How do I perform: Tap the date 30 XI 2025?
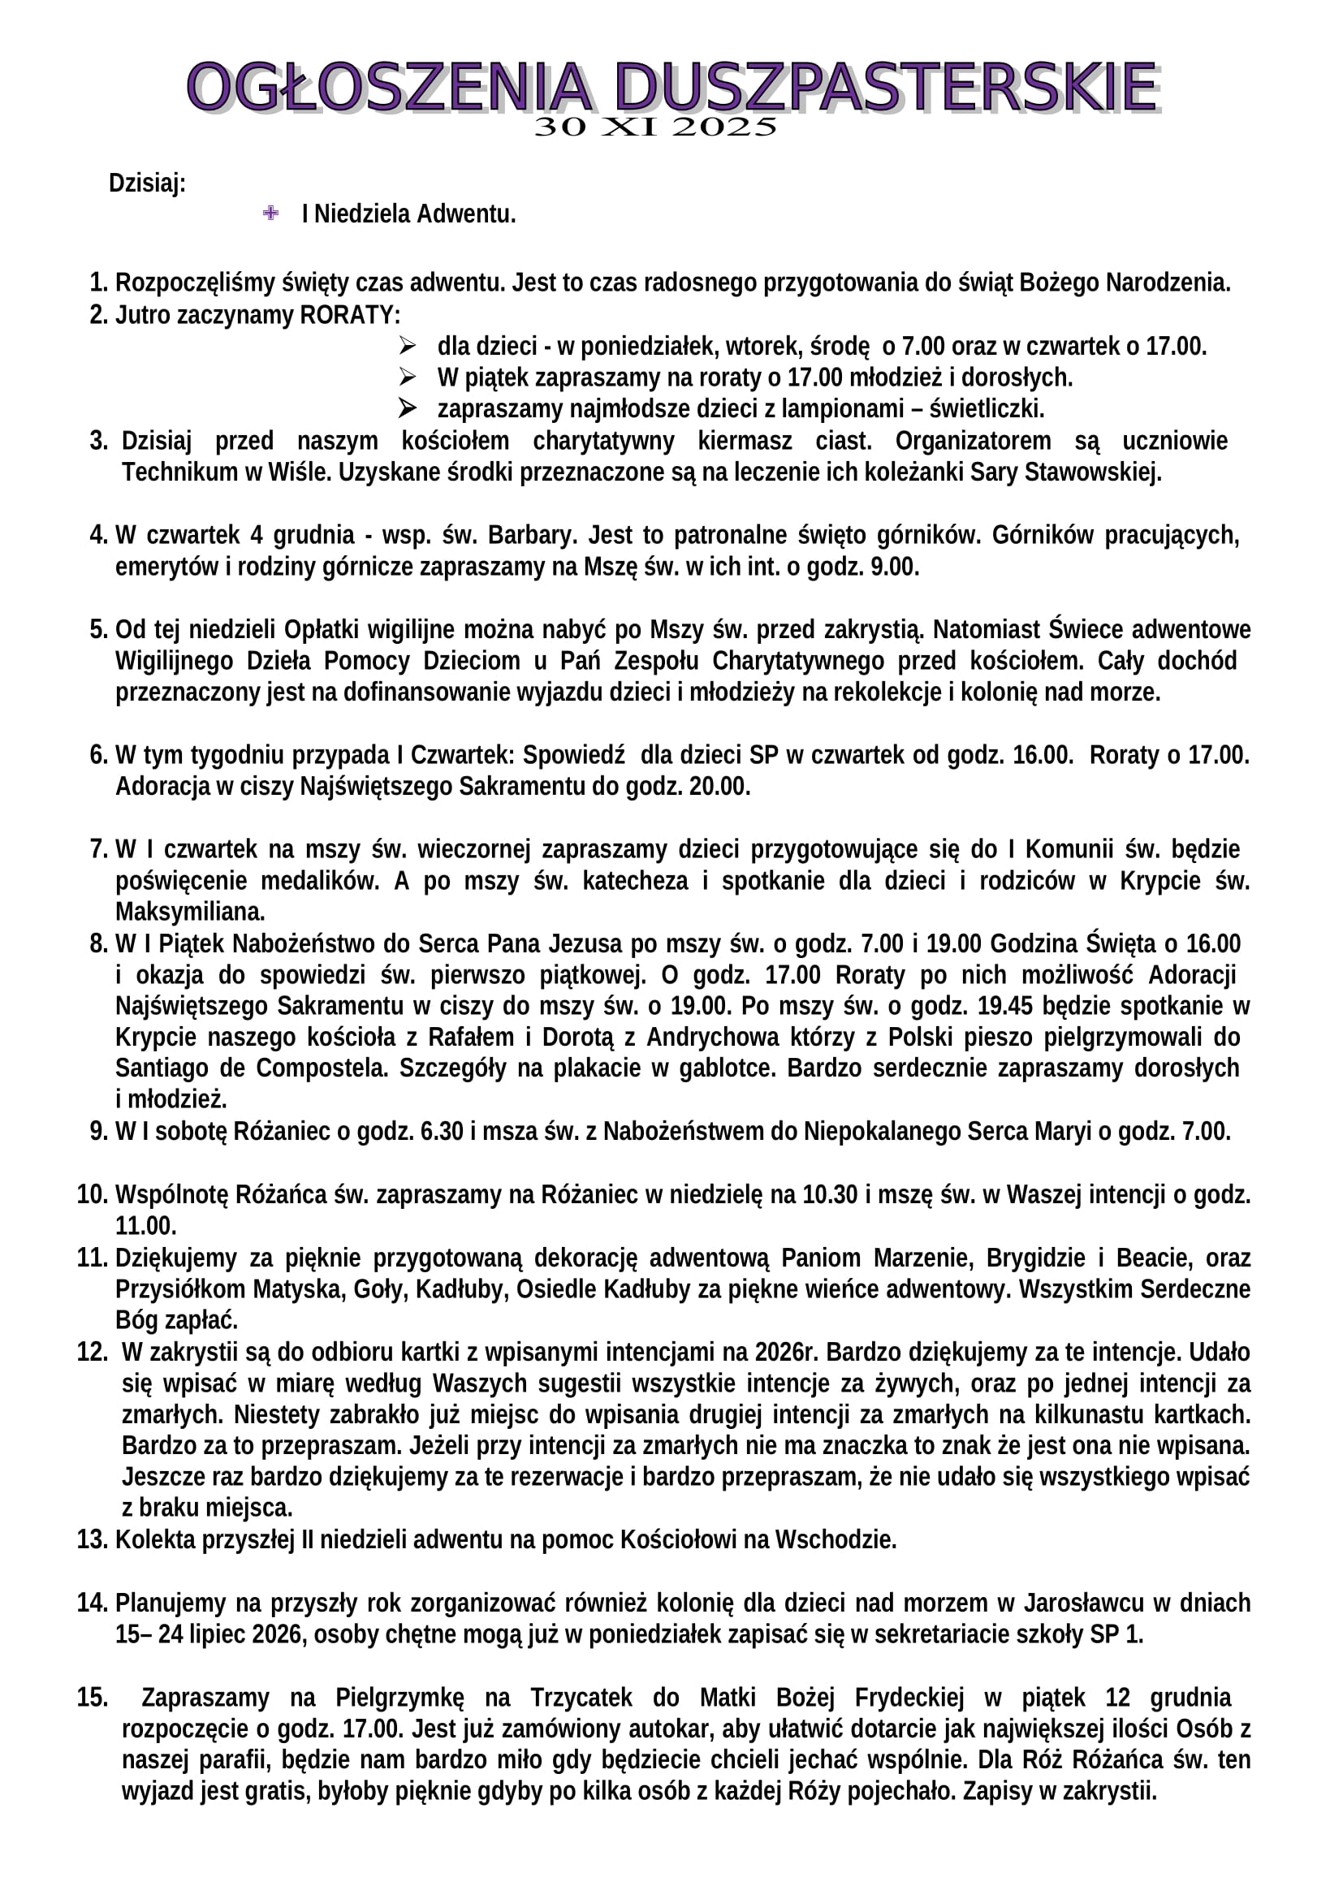656,127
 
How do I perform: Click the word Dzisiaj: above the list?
147,183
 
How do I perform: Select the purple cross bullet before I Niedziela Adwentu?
270,214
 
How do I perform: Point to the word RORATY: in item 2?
350,315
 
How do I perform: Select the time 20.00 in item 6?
719,786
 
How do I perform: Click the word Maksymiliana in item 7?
189,912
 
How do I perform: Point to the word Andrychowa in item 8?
703,1036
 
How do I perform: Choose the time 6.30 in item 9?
442,1131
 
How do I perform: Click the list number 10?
93,1194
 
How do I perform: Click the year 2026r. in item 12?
785,1352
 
